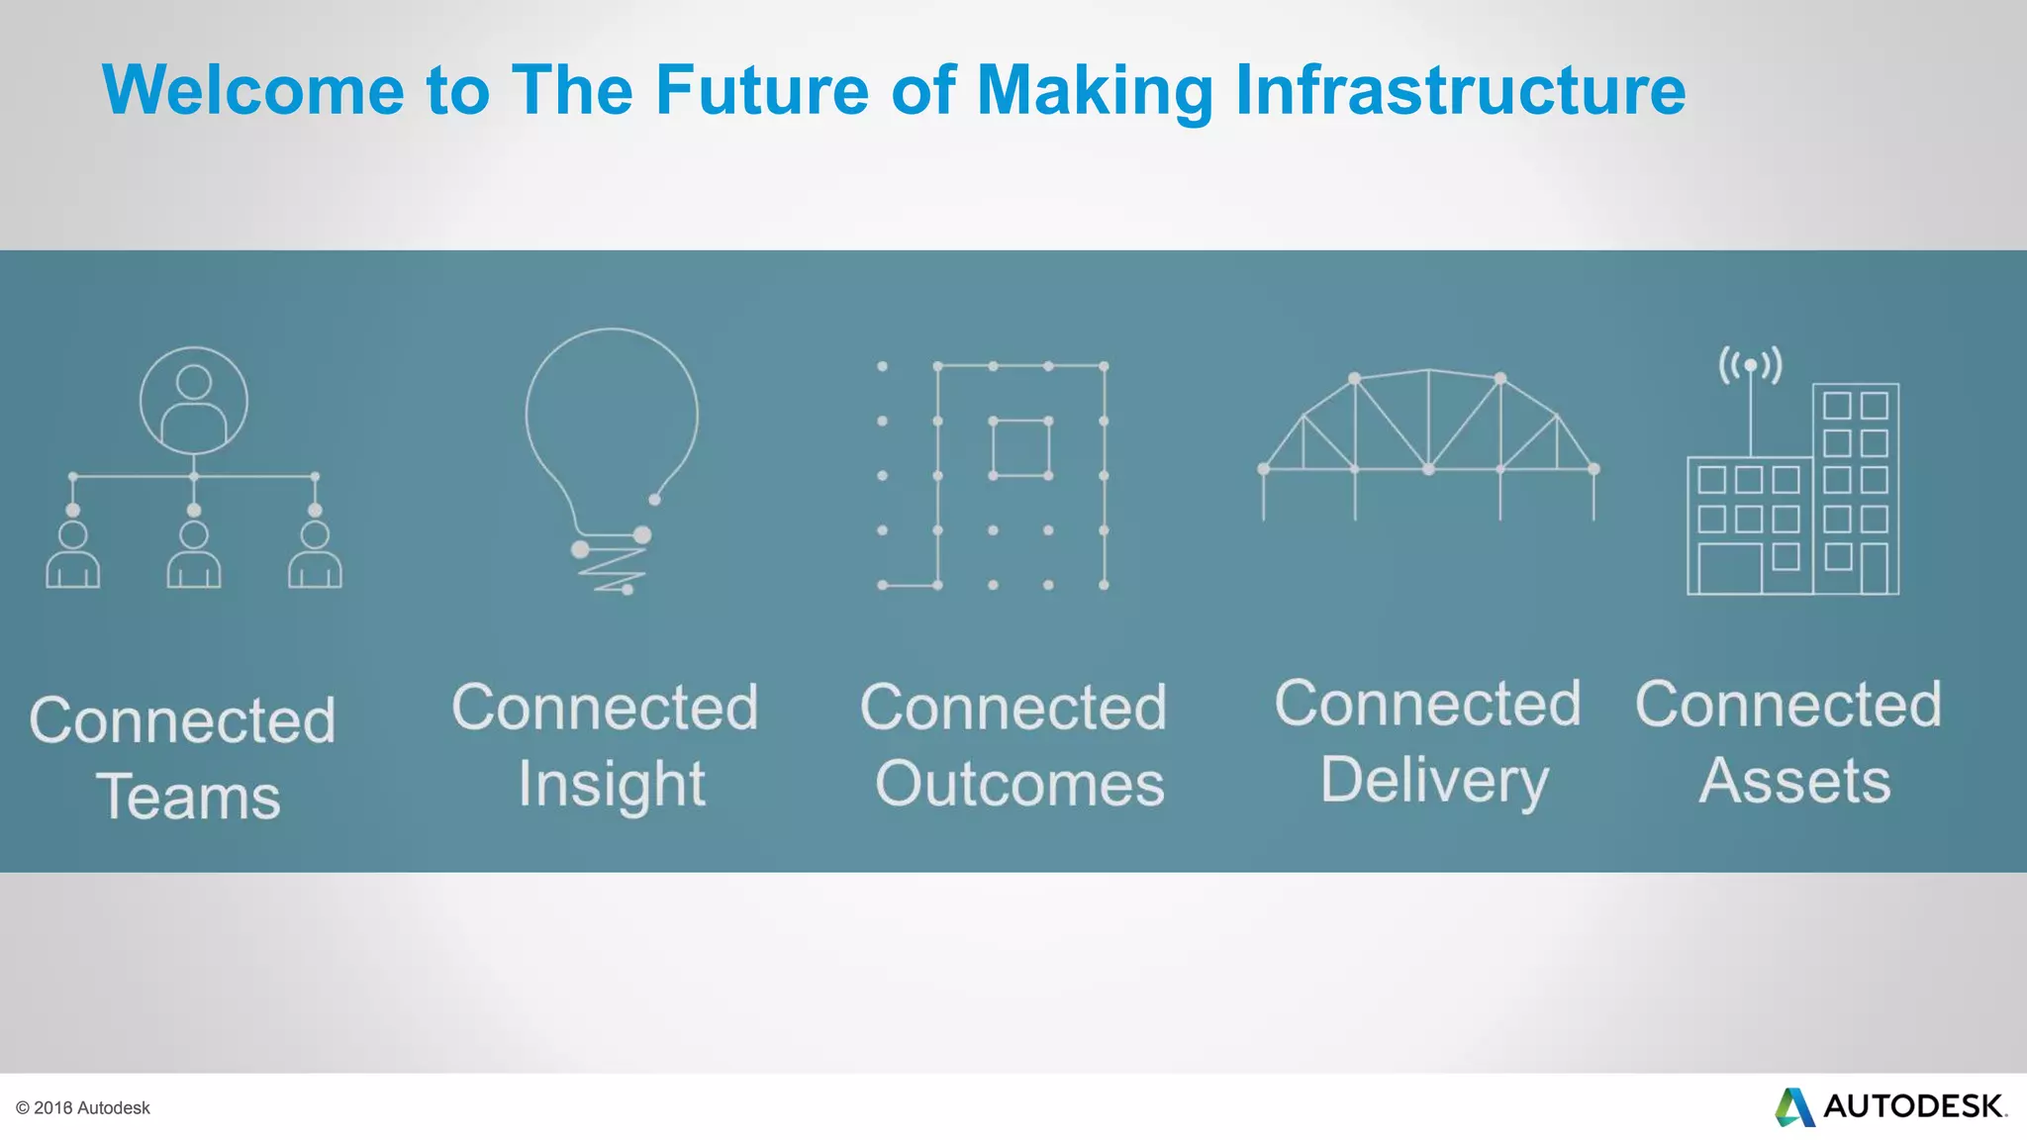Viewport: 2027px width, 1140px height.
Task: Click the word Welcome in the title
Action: point(252,90)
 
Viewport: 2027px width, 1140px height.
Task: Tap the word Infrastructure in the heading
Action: point(1460,90)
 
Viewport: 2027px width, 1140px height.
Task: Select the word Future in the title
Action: point(762,90)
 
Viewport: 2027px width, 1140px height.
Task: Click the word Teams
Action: point(188,797)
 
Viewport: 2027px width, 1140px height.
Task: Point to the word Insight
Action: point(612,785)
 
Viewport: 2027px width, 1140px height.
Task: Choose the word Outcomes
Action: point(1019,785)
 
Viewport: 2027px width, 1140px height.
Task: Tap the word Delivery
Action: point(1434,781)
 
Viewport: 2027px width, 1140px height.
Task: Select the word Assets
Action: point(1794,781)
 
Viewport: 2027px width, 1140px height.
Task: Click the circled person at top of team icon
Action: point(194,400)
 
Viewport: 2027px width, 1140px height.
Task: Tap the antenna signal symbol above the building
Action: point(1751,365)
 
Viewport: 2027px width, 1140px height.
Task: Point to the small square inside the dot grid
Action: point(1020,447)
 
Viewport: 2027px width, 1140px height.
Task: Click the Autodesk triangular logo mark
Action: point(1794,1106)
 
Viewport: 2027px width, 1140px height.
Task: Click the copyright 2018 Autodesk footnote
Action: point(83,1108)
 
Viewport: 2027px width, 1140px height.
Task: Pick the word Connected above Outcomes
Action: point(1013,708)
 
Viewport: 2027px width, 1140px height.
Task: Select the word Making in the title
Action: point(1095,90)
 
